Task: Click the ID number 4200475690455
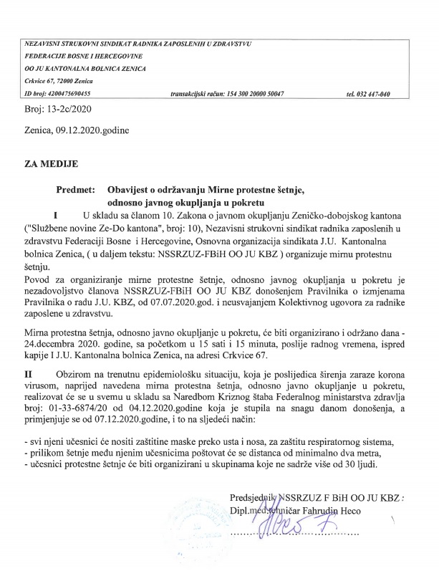[x=72, y=95]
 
